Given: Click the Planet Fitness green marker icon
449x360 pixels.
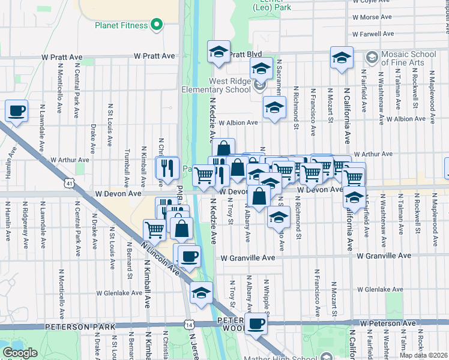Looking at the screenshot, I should pyautogui.click(x=157, y=25).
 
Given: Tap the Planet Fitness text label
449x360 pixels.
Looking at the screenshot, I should pyautogui.click(x=121, y=25).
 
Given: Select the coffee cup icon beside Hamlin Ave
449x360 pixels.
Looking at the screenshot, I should pyautogui.click(x=16, y=111).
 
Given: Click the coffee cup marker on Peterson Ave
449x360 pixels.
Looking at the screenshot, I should pyautogui.click(x=256, y=324).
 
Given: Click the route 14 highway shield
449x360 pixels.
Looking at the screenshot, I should pyautogui.click(x=190, y=324).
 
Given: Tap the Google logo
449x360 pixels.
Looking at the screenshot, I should pyautogui.click(x=20, y=352).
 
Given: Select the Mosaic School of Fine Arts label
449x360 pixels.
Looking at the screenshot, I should pyautogui.click(x=405, y=58).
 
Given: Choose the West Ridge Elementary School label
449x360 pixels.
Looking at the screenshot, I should pyautogui.click(x=220, y=85).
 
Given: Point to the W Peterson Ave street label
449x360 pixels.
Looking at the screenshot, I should pyautogui.click(x=388, y=323).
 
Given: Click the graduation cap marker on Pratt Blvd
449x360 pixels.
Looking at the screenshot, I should pyautogui.click(x=218, y=52).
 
